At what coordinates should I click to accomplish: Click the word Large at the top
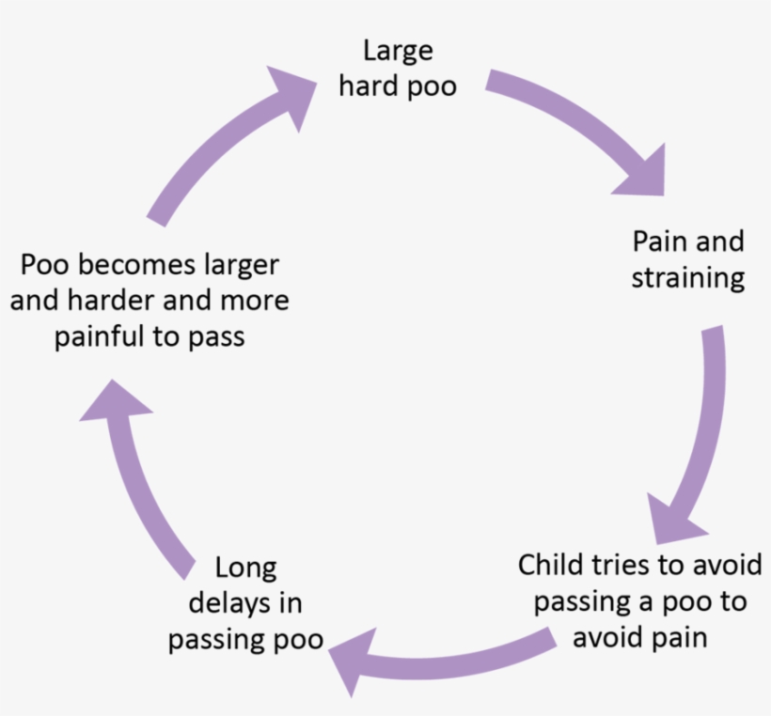tap(397, 51)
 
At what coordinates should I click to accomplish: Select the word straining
tap(687, 279)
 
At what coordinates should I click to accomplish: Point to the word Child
tap(551, 566)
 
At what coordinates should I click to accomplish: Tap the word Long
tap(245, 568)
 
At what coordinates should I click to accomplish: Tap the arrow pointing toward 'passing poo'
tap(442, 658)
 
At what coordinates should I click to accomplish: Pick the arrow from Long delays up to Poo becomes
tap(141, 479)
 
